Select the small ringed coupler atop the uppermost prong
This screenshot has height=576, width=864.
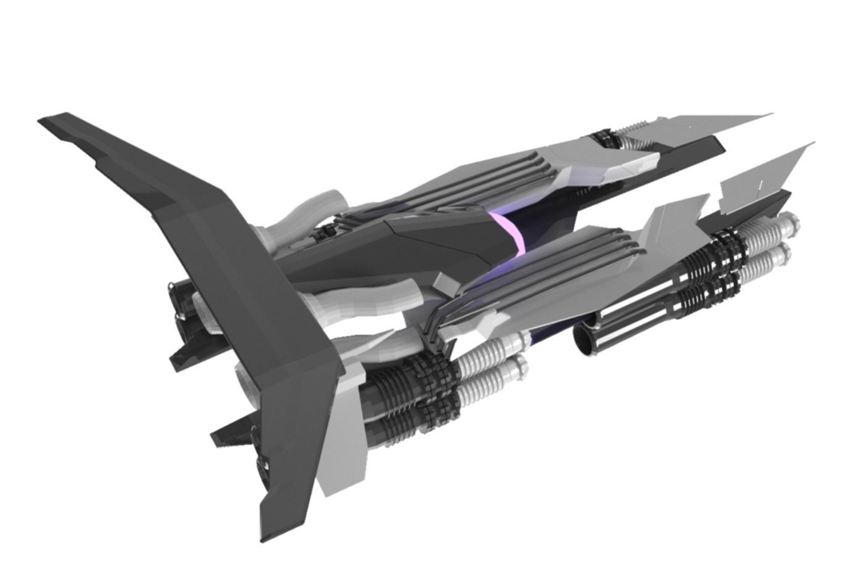pyautogui.click(x=608, y=139)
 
